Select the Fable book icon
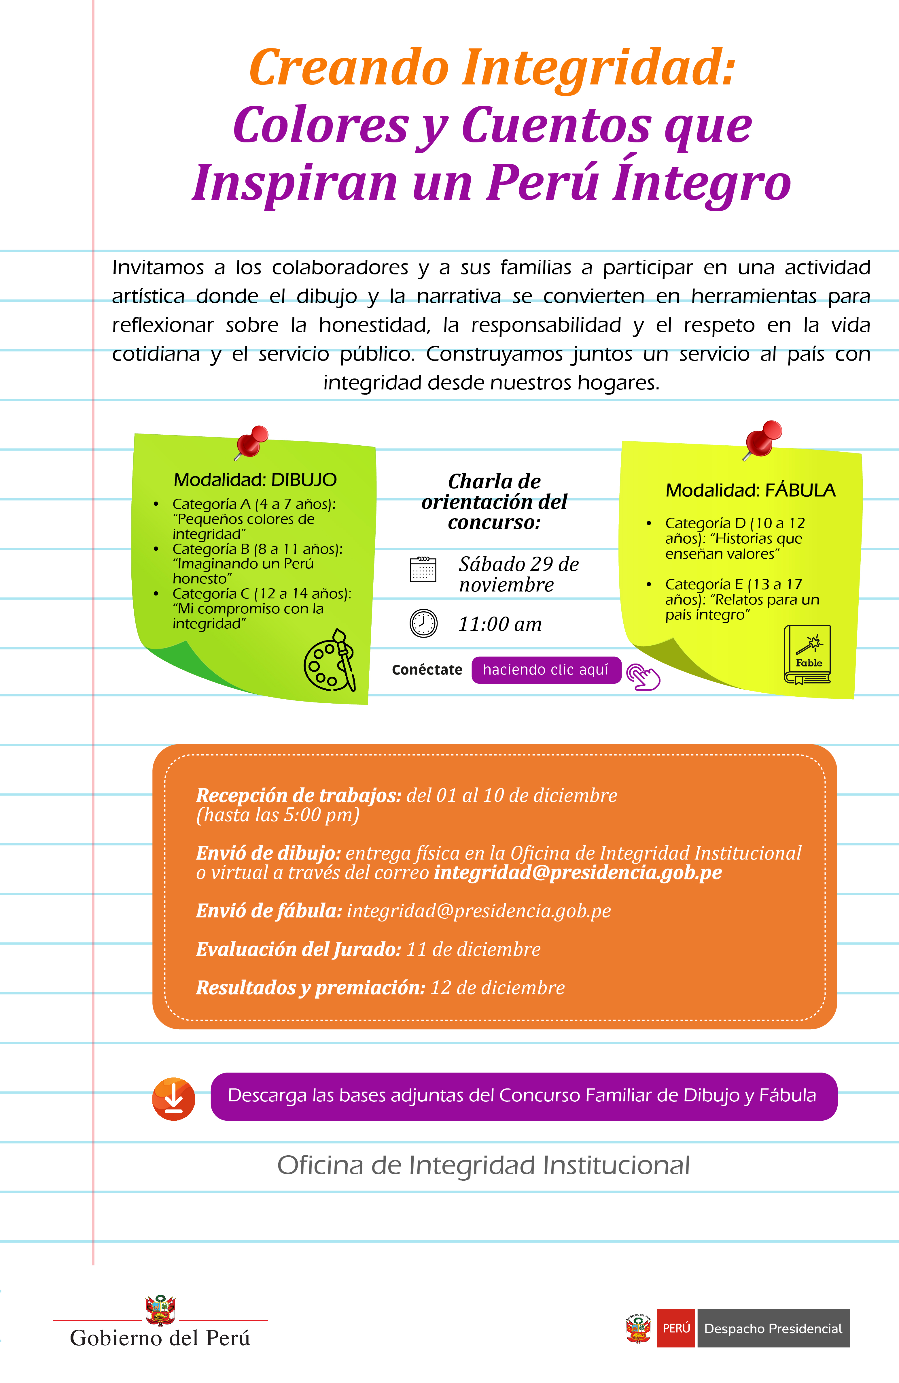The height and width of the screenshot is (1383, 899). click(x=807, y=655)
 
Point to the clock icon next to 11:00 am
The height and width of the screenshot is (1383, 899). click(x=423, y=623)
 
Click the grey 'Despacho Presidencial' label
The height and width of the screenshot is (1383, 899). click(x=773, y=1328)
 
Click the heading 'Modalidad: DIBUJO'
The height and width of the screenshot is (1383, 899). click(x=255, y=480)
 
